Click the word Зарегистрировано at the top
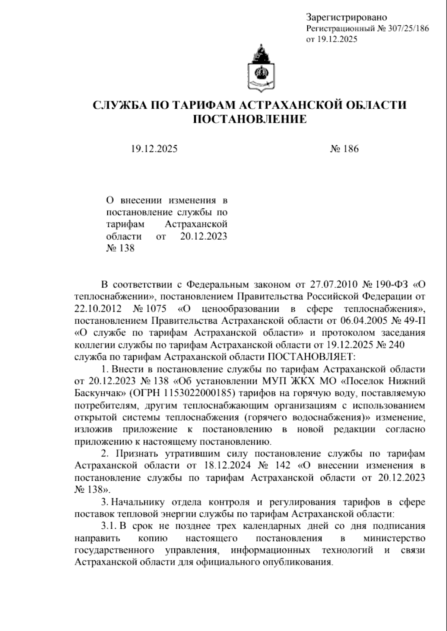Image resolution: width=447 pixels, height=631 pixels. [346, 17]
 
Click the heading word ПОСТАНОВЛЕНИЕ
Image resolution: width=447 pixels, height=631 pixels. [250, 119]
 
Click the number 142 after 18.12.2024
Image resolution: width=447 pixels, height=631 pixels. [285, 465]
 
